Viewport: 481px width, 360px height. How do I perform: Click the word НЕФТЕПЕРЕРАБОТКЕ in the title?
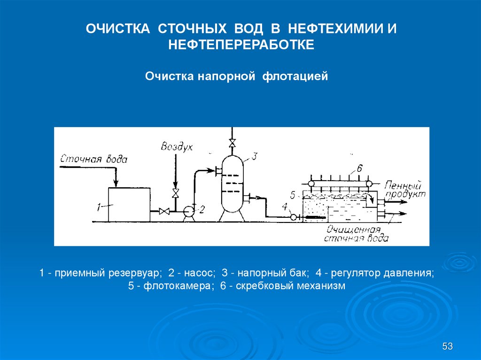[x=241, y=46]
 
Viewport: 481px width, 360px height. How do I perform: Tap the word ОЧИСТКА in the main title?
[x=118, y=29]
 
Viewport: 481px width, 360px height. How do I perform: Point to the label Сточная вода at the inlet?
[x=93, y=159]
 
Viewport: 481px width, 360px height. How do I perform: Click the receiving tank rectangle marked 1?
[x=129, y=204]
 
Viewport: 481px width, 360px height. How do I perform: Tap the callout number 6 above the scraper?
[x=360, y=169]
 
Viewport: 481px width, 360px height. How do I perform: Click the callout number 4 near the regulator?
[x=284, y=207]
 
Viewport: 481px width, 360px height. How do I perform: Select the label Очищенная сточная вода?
[x=356, y=234]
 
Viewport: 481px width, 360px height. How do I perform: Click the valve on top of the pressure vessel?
[x=231, y=142]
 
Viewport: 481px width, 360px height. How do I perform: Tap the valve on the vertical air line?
[x=175, y=193]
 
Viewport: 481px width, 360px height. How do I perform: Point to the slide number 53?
[x=447, y=347]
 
